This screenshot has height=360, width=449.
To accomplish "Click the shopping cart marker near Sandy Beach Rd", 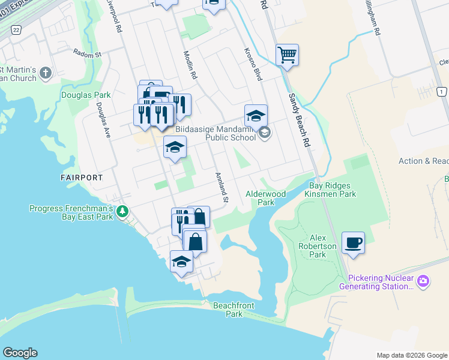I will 288,55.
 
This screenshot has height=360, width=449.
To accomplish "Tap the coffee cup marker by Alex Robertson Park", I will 353,244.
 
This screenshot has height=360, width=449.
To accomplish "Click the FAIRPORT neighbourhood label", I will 81,178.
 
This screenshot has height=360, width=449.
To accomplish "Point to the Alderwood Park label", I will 266,199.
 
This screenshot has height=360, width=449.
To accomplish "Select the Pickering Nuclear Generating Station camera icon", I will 423,281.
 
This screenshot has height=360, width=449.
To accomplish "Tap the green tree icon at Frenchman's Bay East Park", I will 122,211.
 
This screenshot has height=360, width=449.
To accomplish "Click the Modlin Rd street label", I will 188,65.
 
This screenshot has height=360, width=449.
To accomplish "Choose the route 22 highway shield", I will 16,29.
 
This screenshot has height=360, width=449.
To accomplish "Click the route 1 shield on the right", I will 442,91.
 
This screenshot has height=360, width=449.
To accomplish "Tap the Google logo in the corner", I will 20,353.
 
